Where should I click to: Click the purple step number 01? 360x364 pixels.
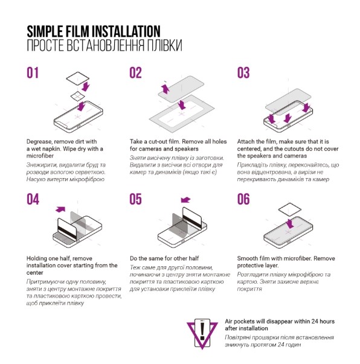coord(33,73)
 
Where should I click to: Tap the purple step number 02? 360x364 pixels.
coord(135,73)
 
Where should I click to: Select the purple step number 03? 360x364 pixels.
coord(243,73)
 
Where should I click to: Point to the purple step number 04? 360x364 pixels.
coord(33,199)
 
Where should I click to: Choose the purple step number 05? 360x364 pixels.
coord(135,199)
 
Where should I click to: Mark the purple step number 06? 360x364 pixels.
coord(243,199)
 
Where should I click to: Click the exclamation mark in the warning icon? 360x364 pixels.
coord(202,331)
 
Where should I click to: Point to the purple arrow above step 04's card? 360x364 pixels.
coord(60,209)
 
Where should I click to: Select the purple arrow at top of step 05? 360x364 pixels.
coord(185,200)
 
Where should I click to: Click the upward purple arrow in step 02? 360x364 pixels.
coord(166,89)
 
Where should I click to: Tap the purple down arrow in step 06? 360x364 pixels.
coord(289,223)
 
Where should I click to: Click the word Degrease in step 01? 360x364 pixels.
coord(39,142)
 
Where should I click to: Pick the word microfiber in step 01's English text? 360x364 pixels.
coord(40,156)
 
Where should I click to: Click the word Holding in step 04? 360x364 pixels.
coord(36,258)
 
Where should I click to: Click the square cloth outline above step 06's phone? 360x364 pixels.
coord(289,210)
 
